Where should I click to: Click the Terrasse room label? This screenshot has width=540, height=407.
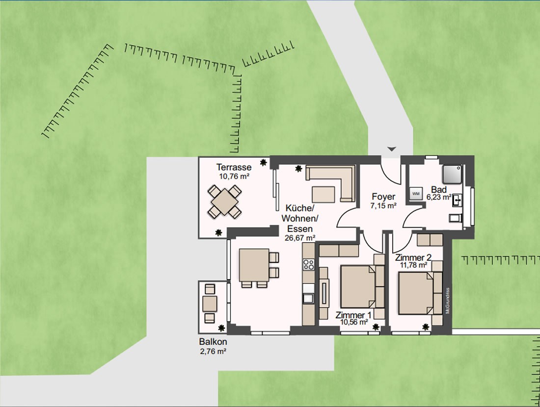coord(234,168)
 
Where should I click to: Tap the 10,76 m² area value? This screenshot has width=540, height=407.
coord(234,177)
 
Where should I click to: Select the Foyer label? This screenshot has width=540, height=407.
coord(383,197)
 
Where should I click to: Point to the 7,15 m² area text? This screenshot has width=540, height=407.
coord(383,206)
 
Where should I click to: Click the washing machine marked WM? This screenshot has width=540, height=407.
coord(416,194)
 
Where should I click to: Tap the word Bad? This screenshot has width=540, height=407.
coord(438,190)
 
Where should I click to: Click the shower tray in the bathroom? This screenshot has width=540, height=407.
coord(452,174)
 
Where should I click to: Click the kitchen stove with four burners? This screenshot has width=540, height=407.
coord(308,265)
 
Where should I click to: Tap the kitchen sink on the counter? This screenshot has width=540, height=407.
coord(308,297)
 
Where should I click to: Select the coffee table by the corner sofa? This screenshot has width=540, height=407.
coord(324,193)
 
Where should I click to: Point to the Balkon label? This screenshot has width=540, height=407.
coord(213,342)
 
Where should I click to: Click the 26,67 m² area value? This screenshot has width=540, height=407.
coord(300,238)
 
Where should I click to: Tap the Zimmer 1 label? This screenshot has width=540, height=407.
coord(353,315)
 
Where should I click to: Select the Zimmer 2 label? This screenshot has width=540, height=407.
coord(413,257)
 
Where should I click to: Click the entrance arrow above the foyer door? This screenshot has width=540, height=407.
coord(391,149)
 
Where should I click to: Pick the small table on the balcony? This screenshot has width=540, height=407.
coord(210,304)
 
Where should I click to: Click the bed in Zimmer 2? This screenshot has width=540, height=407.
coord(416,293)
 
